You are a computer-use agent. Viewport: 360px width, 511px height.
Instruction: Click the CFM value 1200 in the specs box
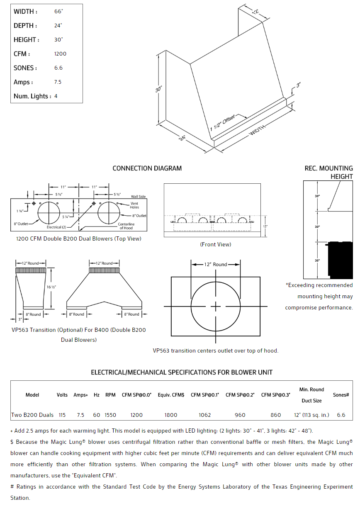[60, 54]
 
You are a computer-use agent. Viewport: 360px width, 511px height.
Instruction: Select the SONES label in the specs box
[25, 68]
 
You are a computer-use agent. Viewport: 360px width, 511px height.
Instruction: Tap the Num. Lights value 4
[56, 96]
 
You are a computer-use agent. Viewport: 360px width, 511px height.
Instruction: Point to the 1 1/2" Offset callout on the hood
[223, 123]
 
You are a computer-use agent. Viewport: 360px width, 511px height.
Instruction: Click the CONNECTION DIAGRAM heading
[147, 168]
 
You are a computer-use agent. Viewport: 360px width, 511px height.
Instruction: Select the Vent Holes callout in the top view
[134, 205]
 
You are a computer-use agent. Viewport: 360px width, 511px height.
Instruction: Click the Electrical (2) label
[56, 227]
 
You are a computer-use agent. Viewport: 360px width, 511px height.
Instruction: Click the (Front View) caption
[215, 244]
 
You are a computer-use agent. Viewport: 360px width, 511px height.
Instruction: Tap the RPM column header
[110, 395]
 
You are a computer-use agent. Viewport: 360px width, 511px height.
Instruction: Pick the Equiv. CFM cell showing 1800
[170, 415]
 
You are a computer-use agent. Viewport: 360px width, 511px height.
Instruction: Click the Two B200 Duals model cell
[32, 415]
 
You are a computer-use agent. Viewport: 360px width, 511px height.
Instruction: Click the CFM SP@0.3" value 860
[275, 415]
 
